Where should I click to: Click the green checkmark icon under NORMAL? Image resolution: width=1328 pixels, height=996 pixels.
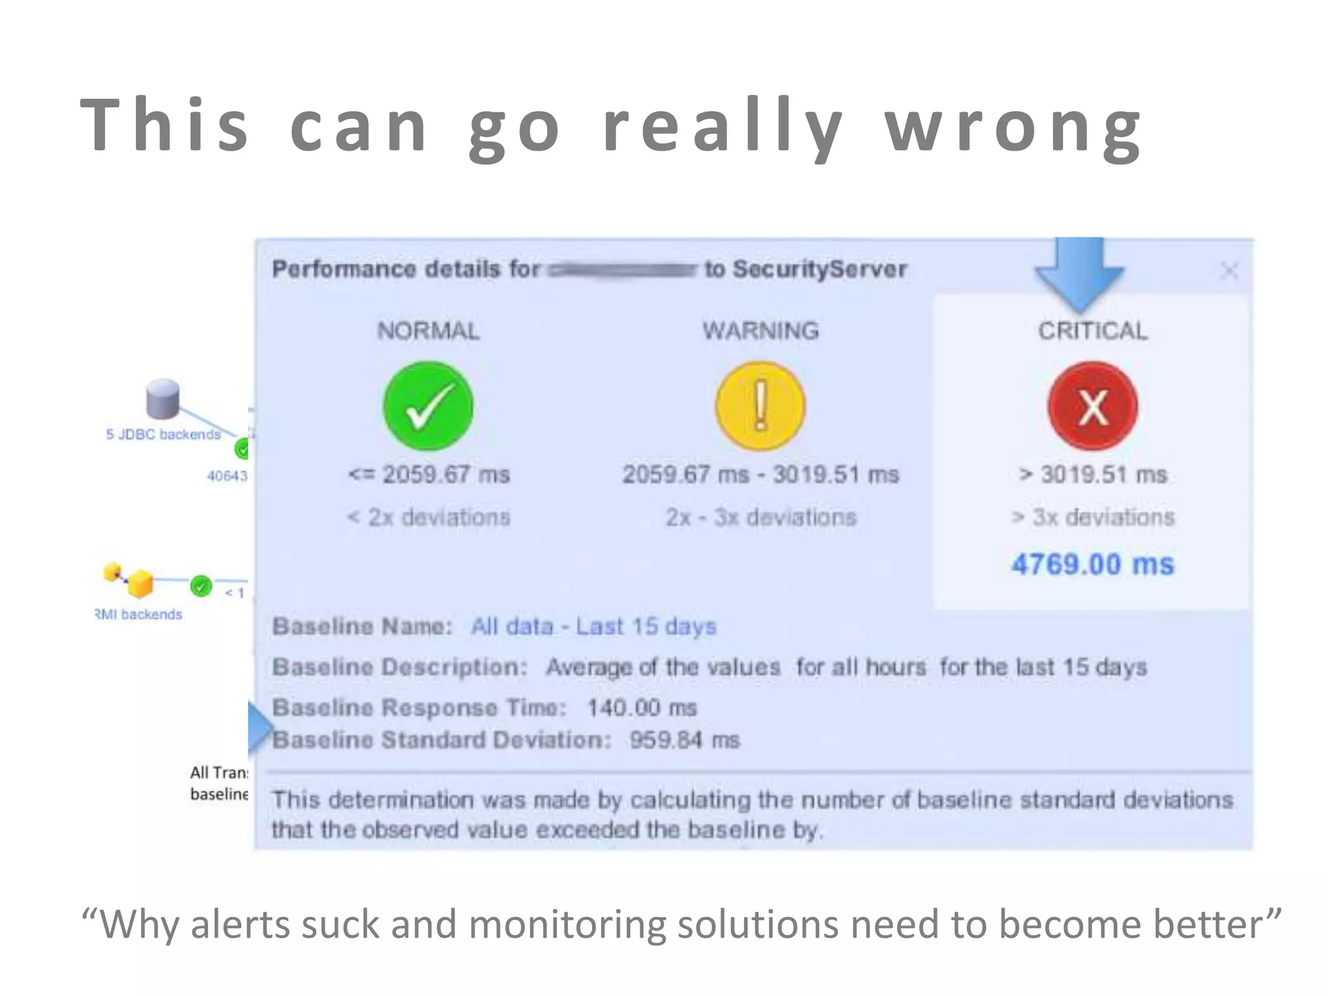428,407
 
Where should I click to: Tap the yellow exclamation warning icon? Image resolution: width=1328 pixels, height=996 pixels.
760,407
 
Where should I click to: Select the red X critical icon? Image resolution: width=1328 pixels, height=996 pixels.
1093,407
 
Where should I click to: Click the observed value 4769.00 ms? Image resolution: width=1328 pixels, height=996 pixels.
1093,564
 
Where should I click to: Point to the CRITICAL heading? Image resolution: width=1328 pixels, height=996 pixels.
1093,331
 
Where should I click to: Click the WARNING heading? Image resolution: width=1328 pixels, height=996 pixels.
761,331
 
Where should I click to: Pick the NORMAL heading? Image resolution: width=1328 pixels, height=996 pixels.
429,331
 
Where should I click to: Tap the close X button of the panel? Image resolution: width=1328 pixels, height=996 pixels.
1229,270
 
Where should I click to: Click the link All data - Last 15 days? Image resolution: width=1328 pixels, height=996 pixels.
593,626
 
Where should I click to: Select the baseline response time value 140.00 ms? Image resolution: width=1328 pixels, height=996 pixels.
642,707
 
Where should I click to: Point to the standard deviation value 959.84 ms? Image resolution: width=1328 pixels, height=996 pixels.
684,740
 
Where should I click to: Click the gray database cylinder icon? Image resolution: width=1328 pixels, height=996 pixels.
163,398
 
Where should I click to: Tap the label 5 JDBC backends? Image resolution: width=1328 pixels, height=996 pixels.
163,434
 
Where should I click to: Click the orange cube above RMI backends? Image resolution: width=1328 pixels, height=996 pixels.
139,583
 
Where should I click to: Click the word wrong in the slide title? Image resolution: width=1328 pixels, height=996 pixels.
1013,126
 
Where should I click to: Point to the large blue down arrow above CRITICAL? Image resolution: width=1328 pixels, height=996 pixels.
1079,272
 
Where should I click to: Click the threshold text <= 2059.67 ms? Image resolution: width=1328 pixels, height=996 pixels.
429,475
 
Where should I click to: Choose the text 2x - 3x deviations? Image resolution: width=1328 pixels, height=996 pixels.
761,517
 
